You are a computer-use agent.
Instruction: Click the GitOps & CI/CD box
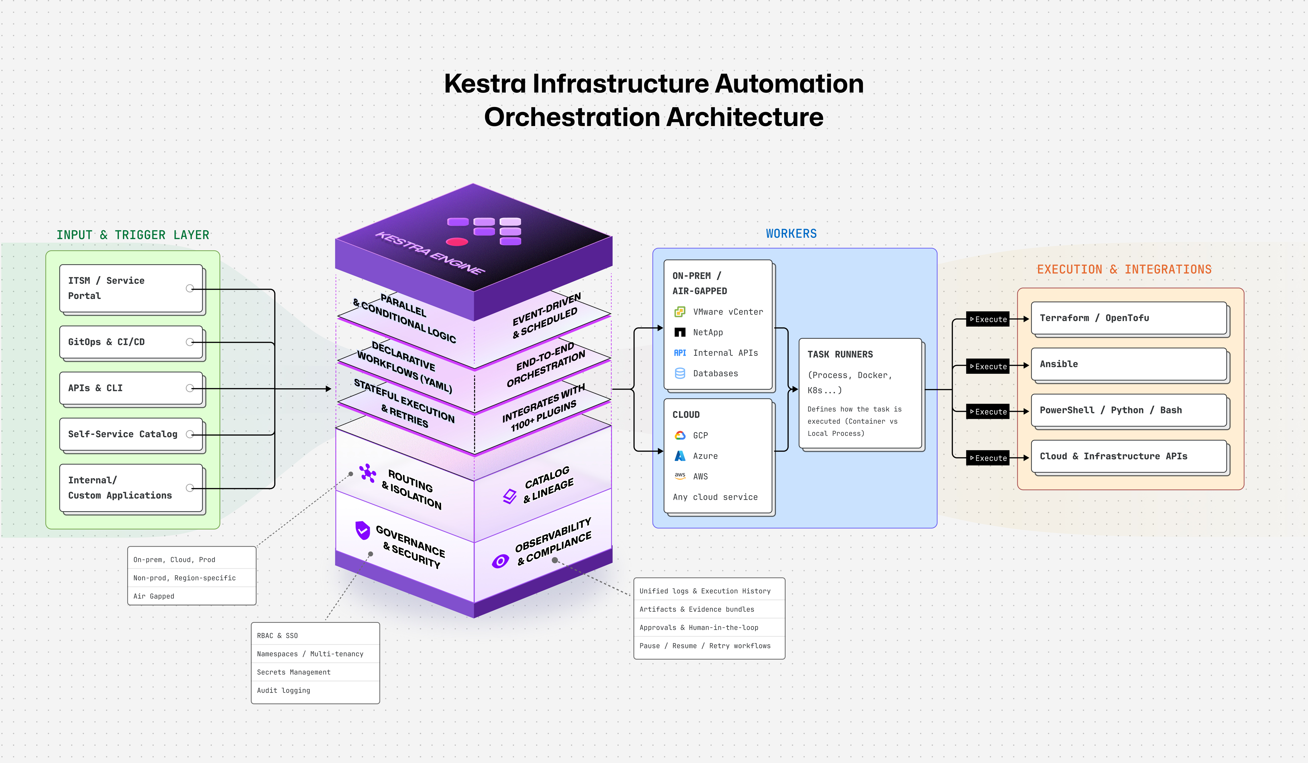point(131,342)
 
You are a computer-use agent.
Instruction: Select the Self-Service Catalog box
point(131,434)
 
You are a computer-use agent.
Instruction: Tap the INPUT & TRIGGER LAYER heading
point(133,235)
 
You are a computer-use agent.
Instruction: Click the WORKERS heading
point(791,234)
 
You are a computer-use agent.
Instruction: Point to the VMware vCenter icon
point(679,312)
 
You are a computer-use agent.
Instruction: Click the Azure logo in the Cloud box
point(679,456)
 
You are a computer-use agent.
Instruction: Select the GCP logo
point(679,435)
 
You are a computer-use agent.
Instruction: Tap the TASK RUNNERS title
point(840,354)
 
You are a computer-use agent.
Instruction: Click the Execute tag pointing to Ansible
point(988,366)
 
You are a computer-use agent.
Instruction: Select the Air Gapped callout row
point(192,596)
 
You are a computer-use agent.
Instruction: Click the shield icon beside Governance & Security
point(362,530)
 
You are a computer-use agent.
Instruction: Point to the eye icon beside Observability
point(500,561)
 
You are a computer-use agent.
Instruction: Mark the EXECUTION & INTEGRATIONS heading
point(1124,269)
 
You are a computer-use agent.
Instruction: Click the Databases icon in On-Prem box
point(679,373)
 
